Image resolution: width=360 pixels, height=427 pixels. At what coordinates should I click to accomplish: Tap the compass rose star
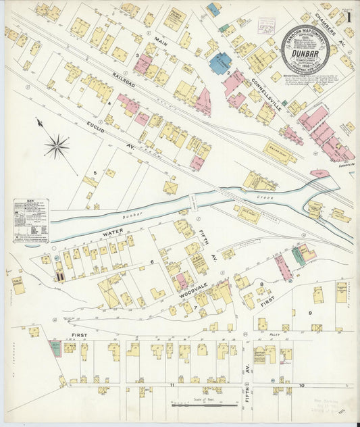tap(57, 145)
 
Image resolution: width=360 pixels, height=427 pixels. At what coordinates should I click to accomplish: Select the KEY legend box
tap(30, 221)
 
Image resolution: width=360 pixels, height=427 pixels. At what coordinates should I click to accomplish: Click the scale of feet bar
tap(204, 405)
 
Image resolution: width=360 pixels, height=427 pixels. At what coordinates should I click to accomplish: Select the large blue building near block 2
tap(220, 64)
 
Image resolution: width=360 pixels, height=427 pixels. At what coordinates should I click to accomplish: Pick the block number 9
tap(310, 312)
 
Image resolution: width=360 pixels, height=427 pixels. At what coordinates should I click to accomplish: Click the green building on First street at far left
tap(55, 349)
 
